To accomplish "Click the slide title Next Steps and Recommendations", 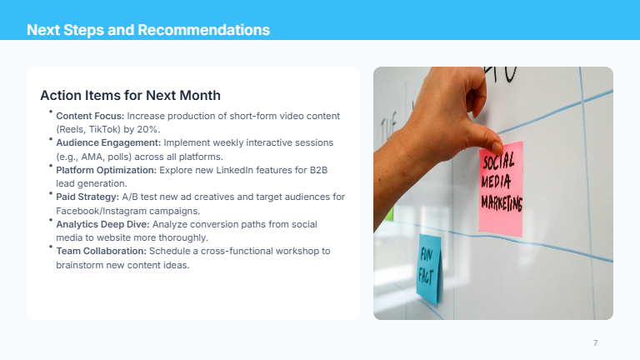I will [148, 30].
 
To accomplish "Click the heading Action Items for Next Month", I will [130, 95].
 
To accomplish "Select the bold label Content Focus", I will [90, 115].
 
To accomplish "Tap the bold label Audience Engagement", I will [108, 142].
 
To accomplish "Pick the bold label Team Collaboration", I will [102, 251].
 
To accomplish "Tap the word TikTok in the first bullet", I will [105, 129].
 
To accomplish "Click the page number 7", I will [595, 343].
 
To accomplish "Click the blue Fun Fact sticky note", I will [428, 268].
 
